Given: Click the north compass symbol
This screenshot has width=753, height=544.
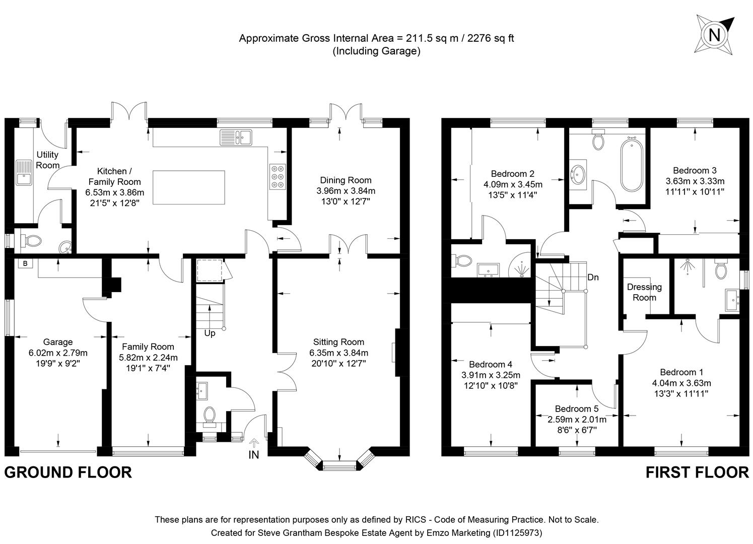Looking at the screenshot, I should (714, 35).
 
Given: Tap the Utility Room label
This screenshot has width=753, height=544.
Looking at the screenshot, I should (47, 160).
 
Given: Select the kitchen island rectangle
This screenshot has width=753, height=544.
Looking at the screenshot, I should (188, 187).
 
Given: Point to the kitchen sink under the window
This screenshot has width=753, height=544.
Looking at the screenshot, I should (236, 137).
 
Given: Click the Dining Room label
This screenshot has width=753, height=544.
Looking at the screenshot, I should (346, 180).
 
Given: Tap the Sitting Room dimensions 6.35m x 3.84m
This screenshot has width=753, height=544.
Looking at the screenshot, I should (338, 353).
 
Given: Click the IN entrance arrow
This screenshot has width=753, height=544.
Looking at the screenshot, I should (254, 443).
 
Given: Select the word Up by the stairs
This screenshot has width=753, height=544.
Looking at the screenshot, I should (210, 333).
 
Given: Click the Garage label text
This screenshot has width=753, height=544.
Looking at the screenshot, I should (57, 342).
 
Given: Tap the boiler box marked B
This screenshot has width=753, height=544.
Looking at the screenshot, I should (24, 263).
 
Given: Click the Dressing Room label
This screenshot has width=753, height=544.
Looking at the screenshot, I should (644, 292).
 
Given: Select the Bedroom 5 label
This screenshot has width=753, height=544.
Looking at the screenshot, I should (577, 409).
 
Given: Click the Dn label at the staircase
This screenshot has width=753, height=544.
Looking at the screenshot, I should (593, 278).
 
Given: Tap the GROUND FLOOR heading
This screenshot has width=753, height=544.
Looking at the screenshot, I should (68, 472).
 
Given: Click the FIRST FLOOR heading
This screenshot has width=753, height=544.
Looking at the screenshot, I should (697, 472).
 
